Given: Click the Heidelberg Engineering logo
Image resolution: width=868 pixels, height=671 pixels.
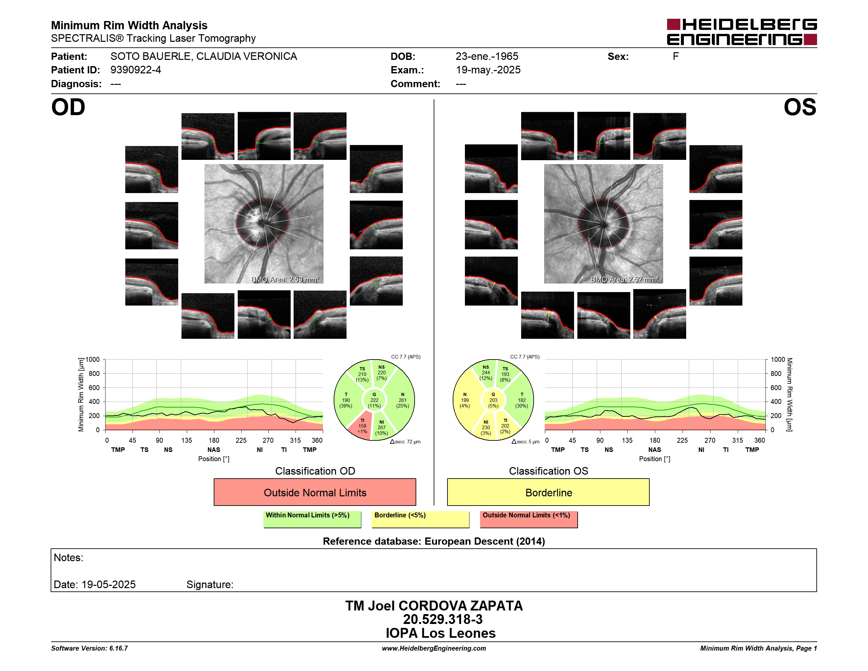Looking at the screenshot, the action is [x=742, y=32].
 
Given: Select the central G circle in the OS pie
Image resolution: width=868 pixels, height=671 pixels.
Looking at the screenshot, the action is [x=493, y=400].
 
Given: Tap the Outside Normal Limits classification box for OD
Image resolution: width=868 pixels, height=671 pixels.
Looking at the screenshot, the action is [x=315, y=492].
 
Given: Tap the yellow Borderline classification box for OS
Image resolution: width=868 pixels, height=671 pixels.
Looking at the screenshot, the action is [x=548, y=492].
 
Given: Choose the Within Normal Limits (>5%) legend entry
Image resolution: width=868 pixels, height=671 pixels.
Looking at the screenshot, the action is [x=312, y=519].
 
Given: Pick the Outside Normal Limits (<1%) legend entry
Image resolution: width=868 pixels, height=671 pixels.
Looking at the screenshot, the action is [x=529, y=519].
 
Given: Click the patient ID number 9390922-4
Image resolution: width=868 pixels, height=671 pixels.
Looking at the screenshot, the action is [x=136, y=70].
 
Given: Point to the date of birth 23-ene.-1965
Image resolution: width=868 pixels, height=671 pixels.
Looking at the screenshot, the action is [x=487, y=57].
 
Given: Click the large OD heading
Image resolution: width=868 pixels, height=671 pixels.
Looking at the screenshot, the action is [x=68, y=107].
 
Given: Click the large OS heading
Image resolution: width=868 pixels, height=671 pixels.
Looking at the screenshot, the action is [x=800, y=107].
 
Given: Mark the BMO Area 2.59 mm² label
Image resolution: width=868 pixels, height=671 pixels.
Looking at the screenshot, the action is [x=285, y=280].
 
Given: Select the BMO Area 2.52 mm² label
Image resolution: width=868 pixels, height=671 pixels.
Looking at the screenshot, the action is [x=624, y=280].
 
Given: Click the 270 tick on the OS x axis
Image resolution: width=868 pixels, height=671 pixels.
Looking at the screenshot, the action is [x=710, y=440].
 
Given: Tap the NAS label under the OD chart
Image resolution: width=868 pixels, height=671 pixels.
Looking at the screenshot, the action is [x=214, y=450].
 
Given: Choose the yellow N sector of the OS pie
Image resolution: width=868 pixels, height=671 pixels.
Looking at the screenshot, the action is [x=465, y=400].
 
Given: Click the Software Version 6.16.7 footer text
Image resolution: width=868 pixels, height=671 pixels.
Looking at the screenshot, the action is [x=89, y=648].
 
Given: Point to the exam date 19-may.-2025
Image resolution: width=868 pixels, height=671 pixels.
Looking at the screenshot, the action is [x=488, y=70].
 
